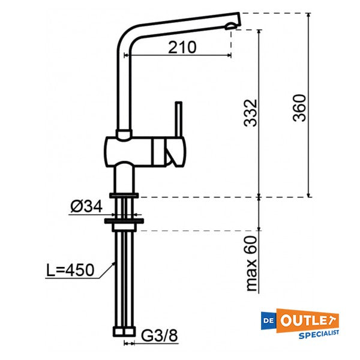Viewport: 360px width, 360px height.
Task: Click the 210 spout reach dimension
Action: pos(182,47)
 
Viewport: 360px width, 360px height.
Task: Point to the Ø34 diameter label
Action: pos(85,208)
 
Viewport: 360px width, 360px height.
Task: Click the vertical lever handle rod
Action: pos(178,120)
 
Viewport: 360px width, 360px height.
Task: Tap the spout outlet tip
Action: pos(233,23)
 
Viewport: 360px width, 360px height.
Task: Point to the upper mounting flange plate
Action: pos(124,195)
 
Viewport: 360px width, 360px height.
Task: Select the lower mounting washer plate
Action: pos(124,221)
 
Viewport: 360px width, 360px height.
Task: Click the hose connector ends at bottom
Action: pos(124,331)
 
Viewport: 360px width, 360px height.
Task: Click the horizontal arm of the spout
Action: pos(180,22)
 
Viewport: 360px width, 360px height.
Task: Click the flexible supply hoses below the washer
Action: pos(124,276)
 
